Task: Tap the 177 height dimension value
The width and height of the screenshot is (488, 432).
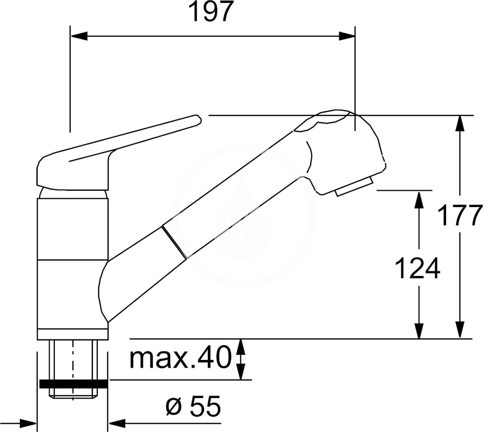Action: tap(460, 216)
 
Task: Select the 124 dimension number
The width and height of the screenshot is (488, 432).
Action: tap(417, 268)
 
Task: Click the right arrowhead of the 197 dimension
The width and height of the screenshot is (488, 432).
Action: tap(347, 36)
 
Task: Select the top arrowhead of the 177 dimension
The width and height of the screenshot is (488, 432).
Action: tap(460, 123)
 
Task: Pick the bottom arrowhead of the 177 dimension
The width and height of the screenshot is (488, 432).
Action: tap(460, 330)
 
